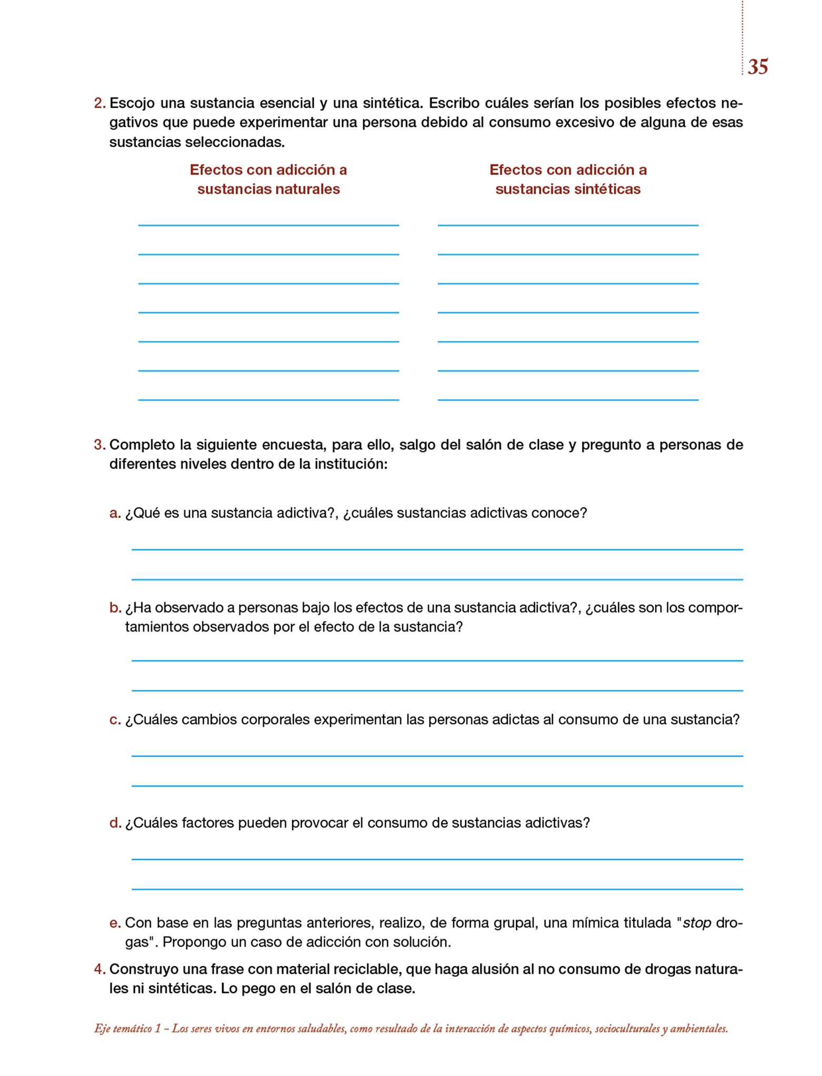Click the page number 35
point(757,67)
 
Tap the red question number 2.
point(99,103)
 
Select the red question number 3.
point(99,444)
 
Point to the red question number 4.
point(99,969)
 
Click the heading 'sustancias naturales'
point(269,189)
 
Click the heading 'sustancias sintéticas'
point(568,189)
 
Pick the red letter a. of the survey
point(115,513)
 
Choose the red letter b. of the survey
point(115,608)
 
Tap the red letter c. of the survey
point(115,719)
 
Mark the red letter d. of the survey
point(115,823)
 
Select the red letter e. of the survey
point(115,923)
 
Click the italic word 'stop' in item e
point(697,923)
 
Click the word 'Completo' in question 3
point(142,445)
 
